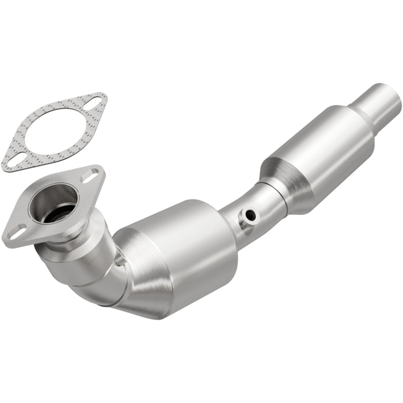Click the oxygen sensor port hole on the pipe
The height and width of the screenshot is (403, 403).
click(250, 215)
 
